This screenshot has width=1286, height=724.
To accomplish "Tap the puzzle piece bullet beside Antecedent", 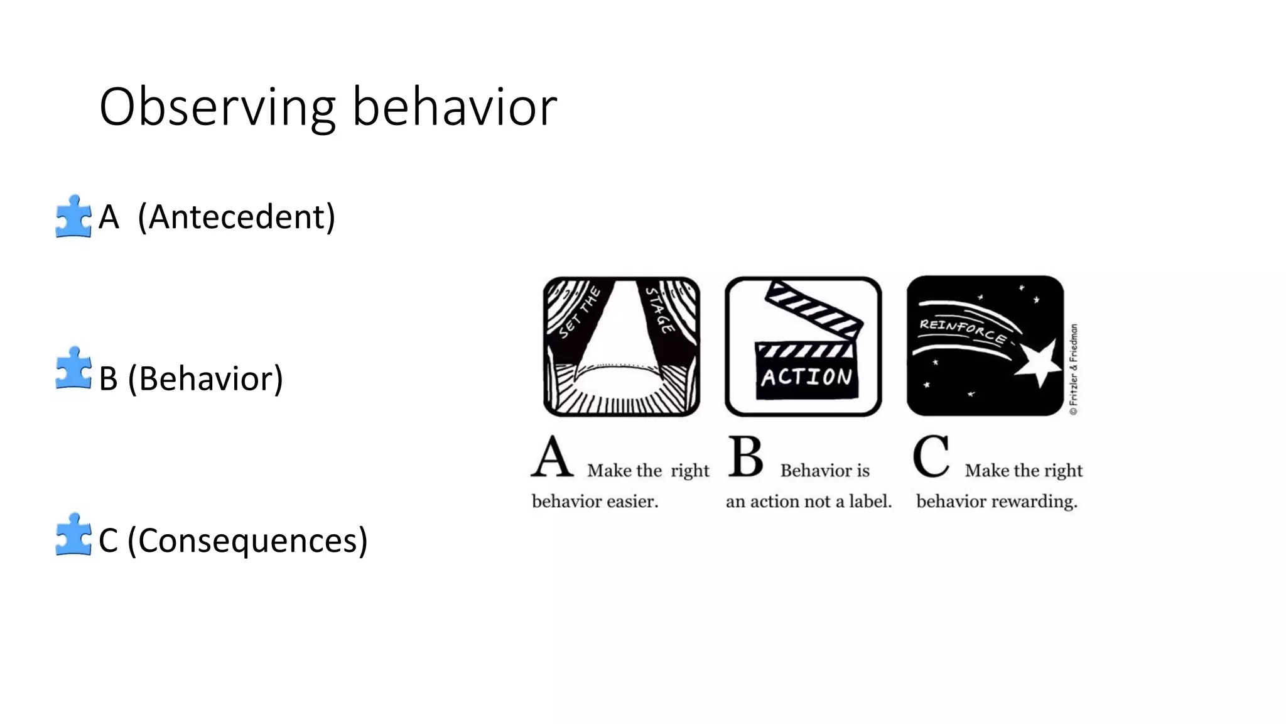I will click(73, 216).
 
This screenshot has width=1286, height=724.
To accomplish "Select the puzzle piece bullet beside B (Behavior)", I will click(73, 368).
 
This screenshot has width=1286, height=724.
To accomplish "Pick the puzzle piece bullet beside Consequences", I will click(73, 535).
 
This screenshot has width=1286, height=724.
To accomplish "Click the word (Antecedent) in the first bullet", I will click(237, 217).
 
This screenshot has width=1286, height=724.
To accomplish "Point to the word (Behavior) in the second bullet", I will click(205, 379).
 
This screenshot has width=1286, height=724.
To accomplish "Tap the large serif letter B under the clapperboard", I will click(746, 457).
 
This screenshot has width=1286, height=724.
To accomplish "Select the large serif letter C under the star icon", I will click(931, 457).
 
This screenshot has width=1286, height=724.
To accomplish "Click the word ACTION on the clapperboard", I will click(807, 377).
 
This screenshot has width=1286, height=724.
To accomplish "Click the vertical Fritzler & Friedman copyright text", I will click(1074, 369).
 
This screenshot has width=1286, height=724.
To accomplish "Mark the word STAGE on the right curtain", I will click(661, 310).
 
